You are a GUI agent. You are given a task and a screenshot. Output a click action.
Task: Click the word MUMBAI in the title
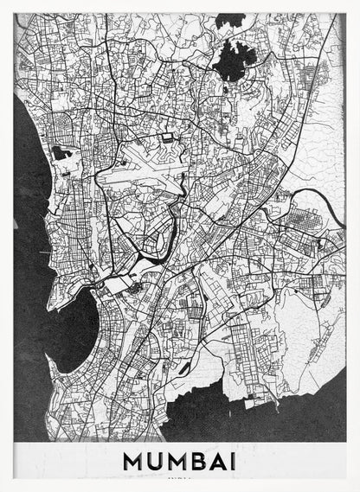click(179, 461)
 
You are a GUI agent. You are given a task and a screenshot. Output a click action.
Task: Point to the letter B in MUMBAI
click(201, 461)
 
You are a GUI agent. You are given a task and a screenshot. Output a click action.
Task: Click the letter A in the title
click(220, 461)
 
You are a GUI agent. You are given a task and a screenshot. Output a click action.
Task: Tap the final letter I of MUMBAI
click(235, 461)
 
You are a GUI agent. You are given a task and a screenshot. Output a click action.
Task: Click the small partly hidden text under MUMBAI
click(179, 476)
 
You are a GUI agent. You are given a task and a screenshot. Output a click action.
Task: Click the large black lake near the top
click(234, 61)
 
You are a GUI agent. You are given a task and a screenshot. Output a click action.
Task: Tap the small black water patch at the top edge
click(230, 21)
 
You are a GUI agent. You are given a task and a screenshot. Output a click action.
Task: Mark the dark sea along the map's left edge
click(26, 242)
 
